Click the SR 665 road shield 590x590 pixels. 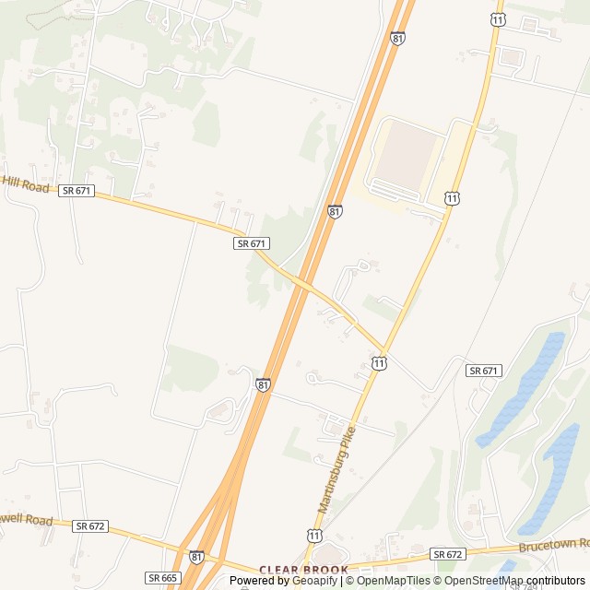point(161,577)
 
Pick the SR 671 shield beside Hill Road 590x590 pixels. point(77,190)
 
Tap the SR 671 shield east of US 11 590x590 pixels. point(483,371)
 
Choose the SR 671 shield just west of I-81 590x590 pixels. point(251,243)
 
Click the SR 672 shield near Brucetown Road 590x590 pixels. point(447,554)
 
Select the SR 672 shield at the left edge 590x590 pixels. point(90,525)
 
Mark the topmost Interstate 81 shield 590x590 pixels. point(397,38)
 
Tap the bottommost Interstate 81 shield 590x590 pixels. point(196,557)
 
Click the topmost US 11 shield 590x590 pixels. point(498,19)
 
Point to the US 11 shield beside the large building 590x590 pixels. point(451,197)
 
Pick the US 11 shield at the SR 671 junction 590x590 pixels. point(379,364)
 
